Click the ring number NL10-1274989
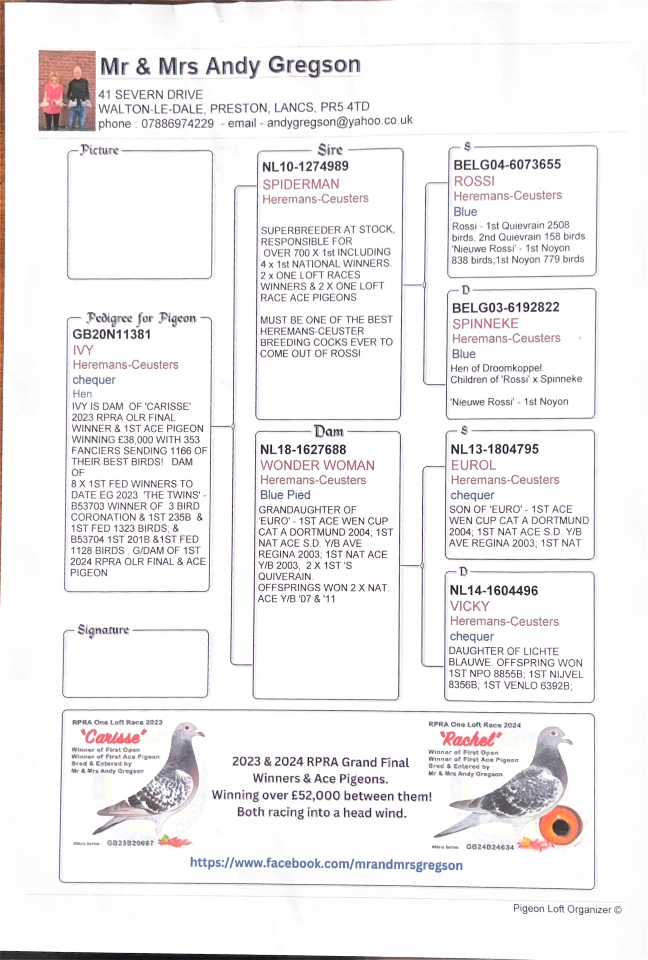coord(305,166)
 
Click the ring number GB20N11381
coord(111,334)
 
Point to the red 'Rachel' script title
coord(470,739)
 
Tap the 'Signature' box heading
coord(103,630)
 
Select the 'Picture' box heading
coord(99,150)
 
